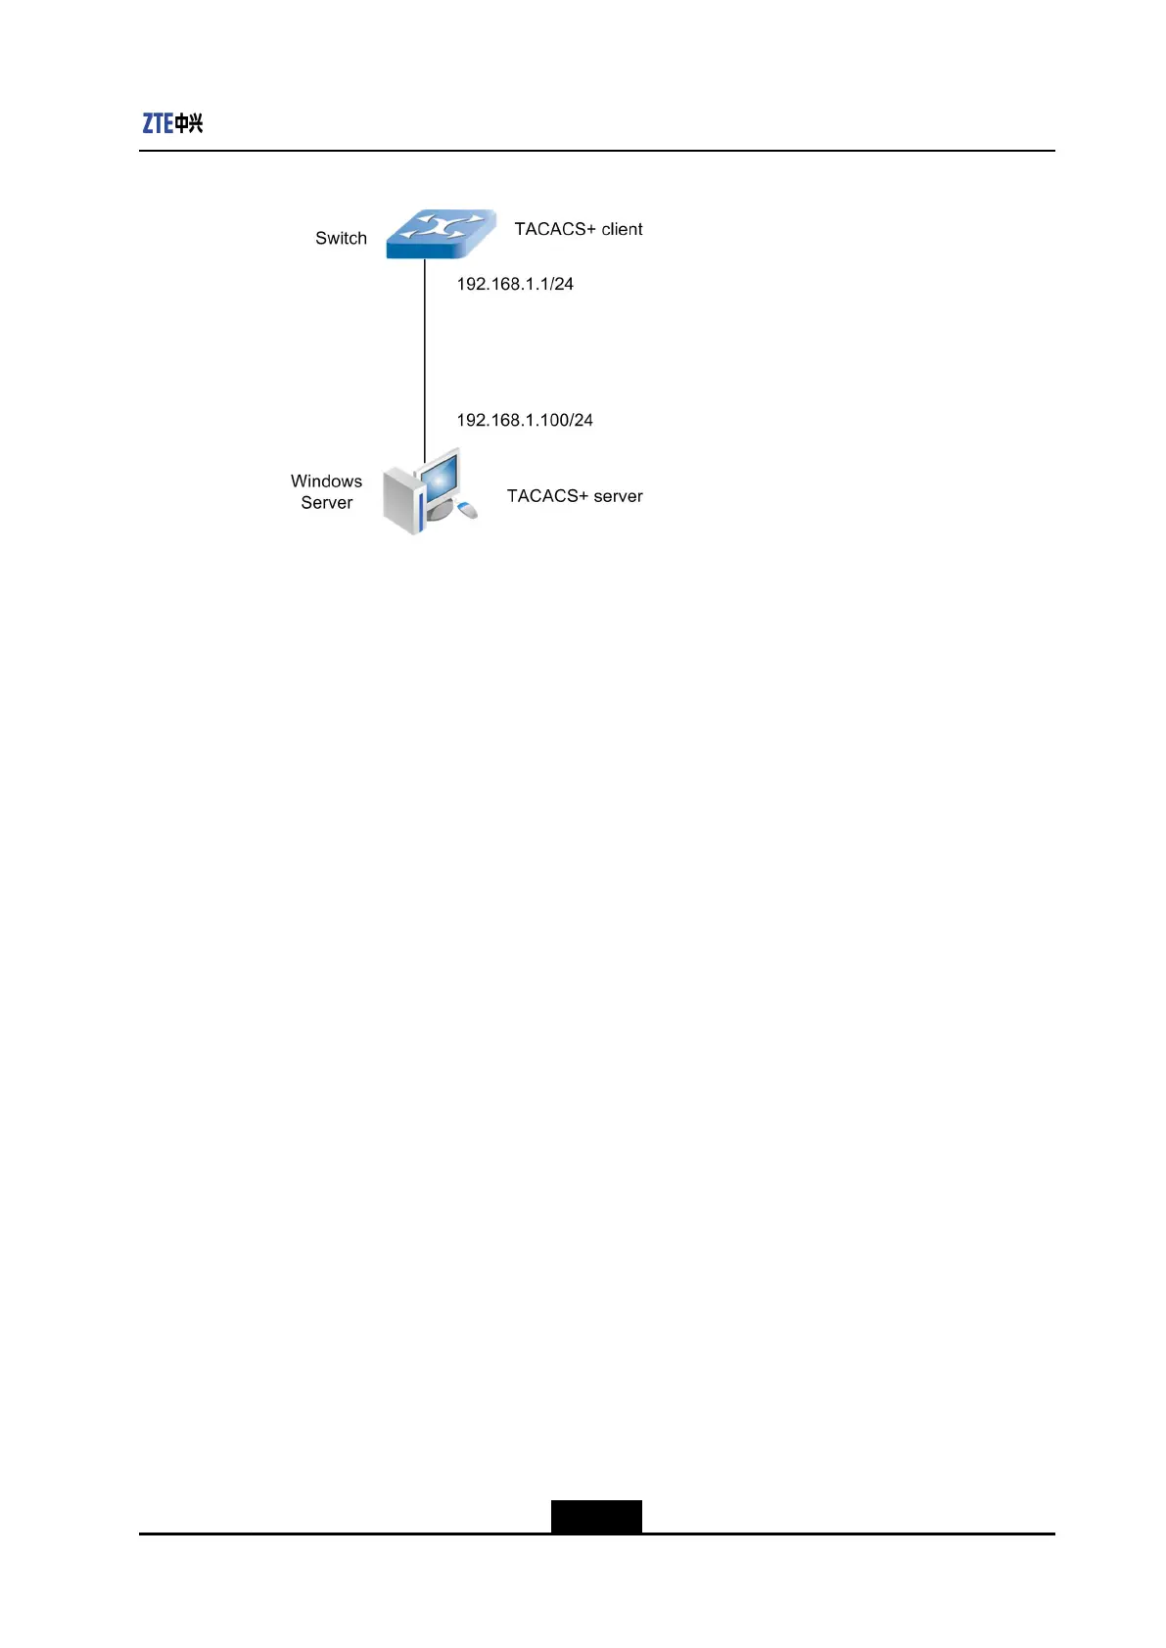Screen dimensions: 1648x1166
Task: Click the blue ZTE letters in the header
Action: (x=158, y=123)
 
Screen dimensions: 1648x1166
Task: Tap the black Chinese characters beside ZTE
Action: (x=189, y=123)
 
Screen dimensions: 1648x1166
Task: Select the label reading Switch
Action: (x=341, y=238)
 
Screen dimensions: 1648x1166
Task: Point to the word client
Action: (x=622, y=229)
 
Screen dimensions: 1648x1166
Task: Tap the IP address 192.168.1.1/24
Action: (x=515, y=284)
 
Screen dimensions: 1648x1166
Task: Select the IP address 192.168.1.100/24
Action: (x=525, y=420)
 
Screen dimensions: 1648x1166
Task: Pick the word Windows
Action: (x=326, y=481)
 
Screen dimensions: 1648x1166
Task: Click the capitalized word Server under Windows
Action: (x=326, y=503)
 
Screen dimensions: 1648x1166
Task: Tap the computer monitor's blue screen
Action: (x=440, y=477)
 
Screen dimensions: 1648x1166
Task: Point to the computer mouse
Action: (x=467, y=509)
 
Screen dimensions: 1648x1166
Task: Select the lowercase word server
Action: (x=618, y=496)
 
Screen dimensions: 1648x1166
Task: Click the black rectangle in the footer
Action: (x=596, y=1516)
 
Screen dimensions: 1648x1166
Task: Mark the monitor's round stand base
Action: (x=441, y=511)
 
